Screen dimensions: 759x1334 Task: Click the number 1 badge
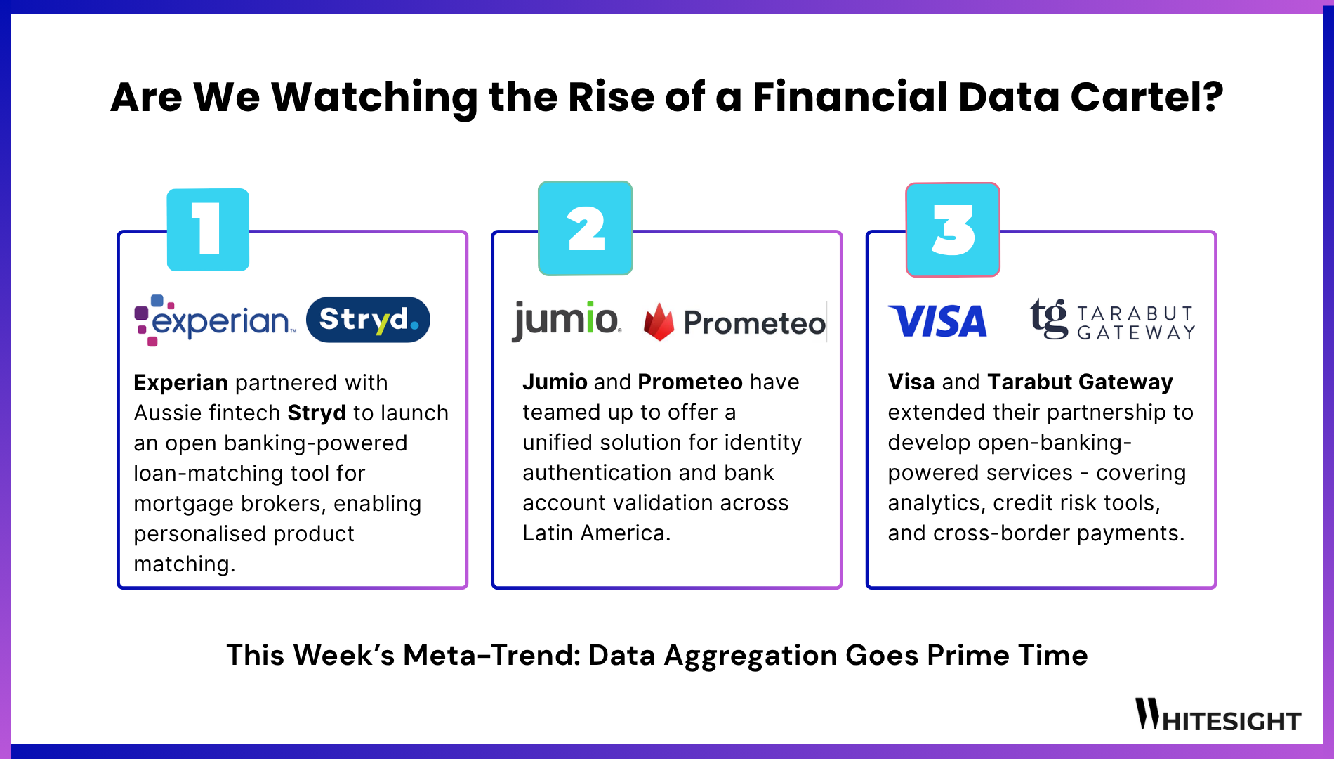[208, 230]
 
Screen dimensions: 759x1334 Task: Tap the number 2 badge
[585, 228]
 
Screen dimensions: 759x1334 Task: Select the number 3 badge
[953, 230]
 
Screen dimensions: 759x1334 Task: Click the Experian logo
[213, 320]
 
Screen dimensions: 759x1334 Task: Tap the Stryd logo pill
[368, 320]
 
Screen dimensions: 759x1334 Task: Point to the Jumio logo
[566, 320]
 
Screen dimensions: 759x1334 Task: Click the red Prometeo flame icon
[659, 323]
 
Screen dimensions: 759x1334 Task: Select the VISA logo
[937, 321]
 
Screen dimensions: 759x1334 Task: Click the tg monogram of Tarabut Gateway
[1048, 319]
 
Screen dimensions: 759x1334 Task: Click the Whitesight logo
[1218, 715]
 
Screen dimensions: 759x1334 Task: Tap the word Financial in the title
[850, 97]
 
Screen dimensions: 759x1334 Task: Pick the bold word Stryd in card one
[317, 413]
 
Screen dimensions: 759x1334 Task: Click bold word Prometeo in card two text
[690, 382]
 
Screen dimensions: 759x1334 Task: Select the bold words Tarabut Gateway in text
[1080, 382]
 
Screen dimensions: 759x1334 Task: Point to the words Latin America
[595, 533]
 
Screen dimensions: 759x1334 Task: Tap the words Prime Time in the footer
[1007, 655]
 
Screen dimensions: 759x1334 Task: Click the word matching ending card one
[183, 564]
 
